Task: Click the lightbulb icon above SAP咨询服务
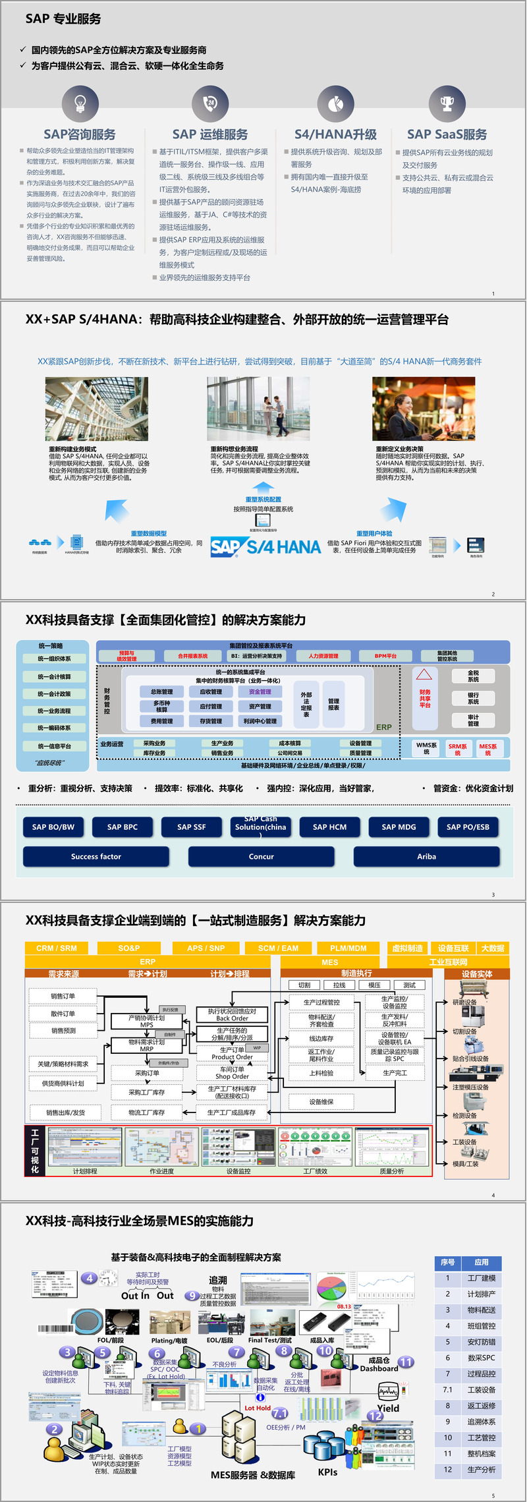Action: coord(80,103)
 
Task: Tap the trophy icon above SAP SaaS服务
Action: coord(447,103)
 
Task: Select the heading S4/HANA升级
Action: coord(335,134)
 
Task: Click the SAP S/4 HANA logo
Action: coord(265,547)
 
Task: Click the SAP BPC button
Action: coord(123,827)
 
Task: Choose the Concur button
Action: coord(261,857)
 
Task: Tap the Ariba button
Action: coord(426,857)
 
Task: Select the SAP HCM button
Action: coord(329,827)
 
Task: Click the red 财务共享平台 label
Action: coord(425,699)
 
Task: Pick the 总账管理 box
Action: coord(161,692)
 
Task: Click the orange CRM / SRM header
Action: coord(57,948)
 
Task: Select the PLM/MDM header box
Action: coord(348,948)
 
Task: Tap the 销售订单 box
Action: coord(63,996)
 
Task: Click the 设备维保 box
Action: coord(321,1101)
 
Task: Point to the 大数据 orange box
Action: coord(493,948)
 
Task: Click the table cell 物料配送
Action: coord(482,1310)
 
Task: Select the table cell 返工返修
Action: coord(482,1406)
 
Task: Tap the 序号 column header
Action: coord(447,1262)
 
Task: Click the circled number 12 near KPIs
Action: coord(375,1416)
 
